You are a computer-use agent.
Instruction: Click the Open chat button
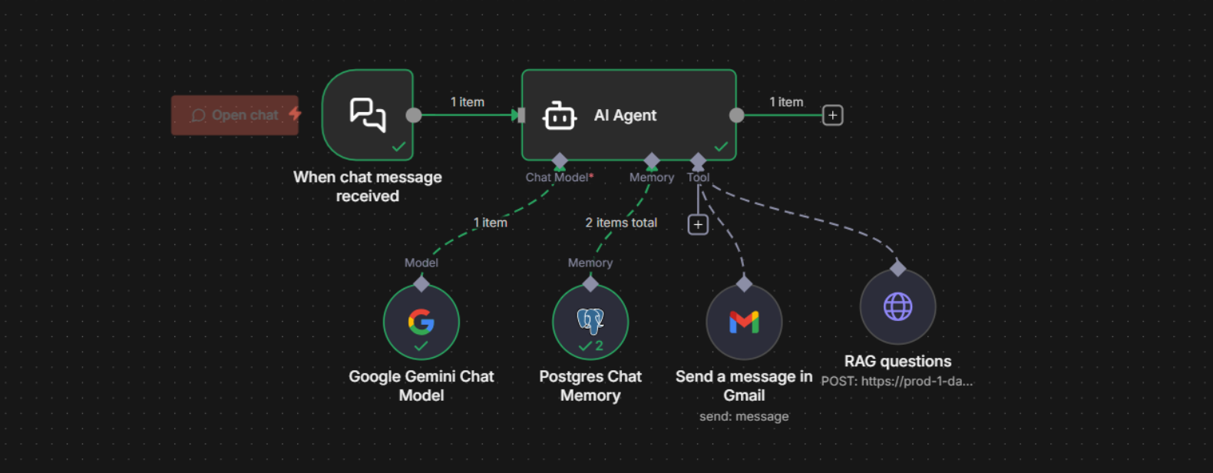tap(235, 115)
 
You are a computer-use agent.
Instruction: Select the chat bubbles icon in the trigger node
tap(368, 115)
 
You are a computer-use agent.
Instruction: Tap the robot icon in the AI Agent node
tap(559, 116)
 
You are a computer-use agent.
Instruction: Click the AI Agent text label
tap(625, 115)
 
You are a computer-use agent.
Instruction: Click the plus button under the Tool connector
tap(698, 224)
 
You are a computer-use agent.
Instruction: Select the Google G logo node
tap(421, 321)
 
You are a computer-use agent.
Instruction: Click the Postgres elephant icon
tap(590, 319)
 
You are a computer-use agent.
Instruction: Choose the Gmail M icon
tap(744, 322)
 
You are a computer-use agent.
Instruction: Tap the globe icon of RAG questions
tap(897, 306)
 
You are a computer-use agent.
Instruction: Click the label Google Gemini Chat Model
tap(421, 385)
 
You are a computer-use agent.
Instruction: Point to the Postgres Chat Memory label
tap(590, 385)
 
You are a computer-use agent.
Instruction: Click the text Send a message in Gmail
tap(744, 385)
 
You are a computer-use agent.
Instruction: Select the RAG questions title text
tap(897, 361)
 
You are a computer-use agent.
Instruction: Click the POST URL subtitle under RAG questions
tap(897, 381)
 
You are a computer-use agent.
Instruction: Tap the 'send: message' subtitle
tap(744, 416)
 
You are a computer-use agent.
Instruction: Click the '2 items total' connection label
tap(621, 223)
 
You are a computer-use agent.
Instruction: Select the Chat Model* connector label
tap(559, 177)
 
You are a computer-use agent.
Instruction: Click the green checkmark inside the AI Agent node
tap(721, 146)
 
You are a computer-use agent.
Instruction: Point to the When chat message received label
tap(368, 186)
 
